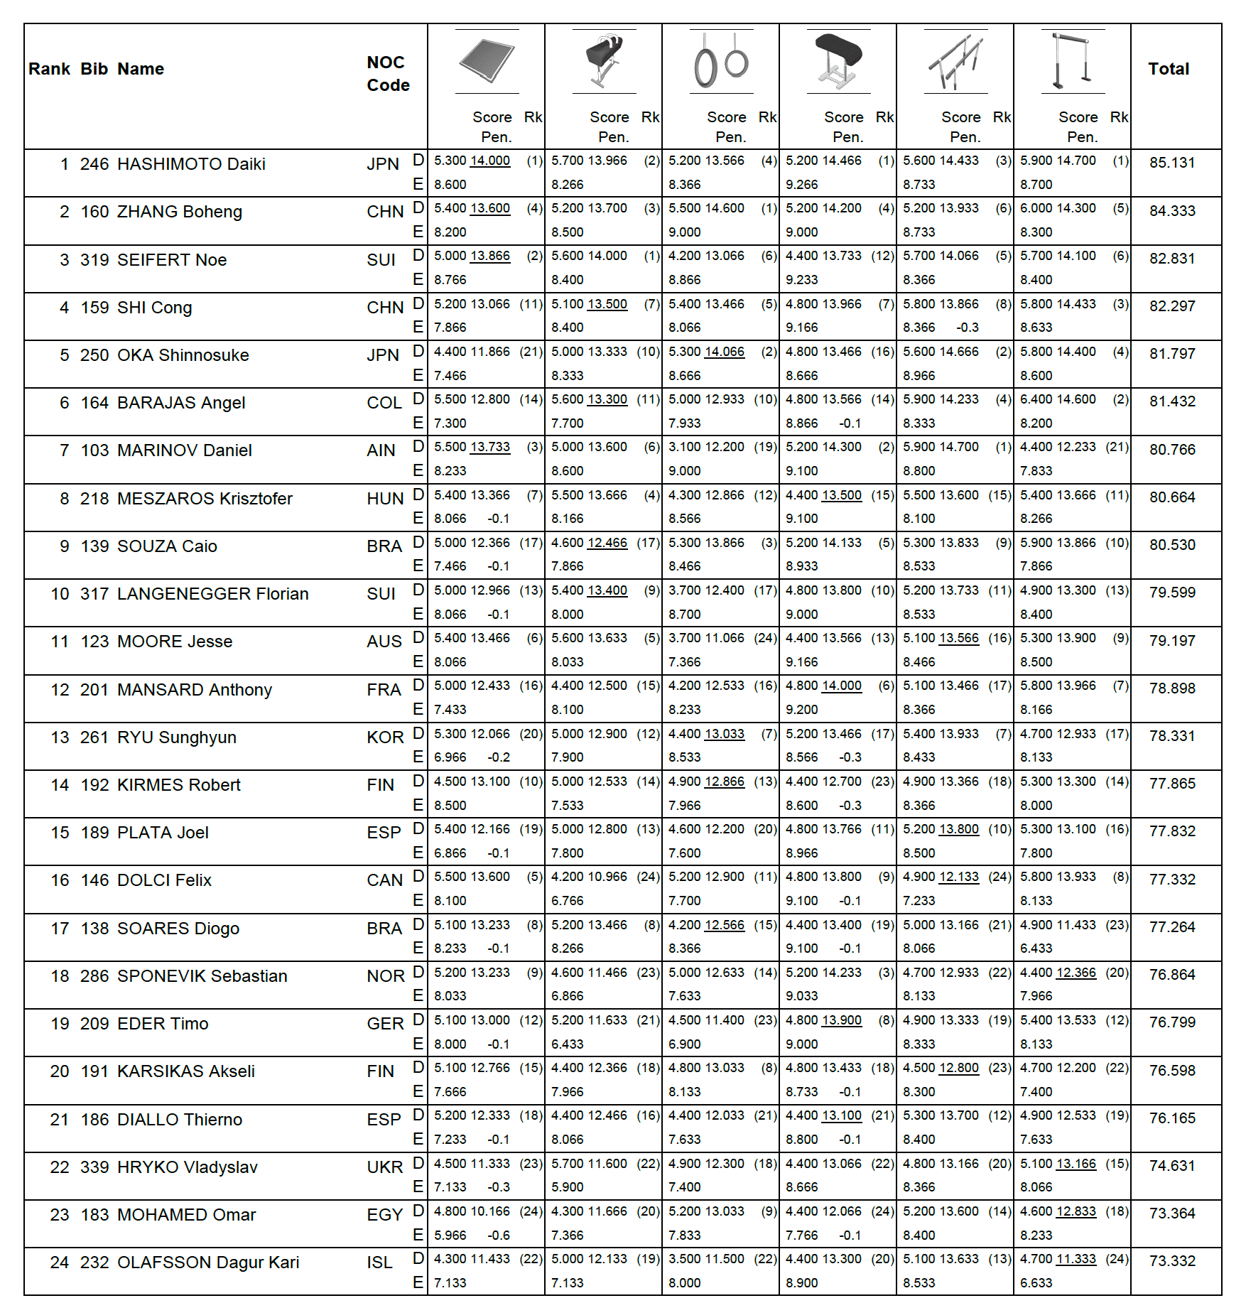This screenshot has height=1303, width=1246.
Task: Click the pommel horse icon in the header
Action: coord(604,60)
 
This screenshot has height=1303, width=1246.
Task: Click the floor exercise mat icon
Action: coord(487,61)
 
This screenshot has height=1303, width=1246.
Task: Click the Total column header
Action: coord(1169,69)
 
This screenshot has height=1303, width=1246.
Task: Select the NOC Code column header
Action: coord(388,74)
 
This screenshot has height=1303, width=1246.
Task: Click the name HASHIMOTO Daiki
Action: coord(191,164)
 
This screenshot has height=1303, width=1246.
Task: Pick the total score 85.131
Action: coord(1172,163)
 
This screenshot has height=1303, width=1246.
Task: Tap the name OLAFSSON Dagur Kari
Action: coord(208,1263)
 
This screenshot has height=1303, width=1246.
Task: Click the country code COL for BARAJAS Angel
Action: coord(384,403)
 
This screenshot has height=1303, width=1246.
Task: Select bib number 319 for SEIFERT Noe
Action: coord(94,260)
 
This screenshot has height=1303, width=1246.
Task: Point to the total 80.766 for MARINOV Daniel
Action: coord(1172,450)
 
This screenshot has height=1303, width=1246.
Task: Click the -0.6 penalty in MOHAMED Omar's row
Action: coord(499,1236)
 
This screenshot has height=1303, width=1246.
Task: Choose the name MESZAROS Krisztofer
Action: coord(205,499)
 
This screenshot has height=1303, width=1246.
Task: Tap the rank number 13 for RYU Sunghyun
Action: coord(60,737)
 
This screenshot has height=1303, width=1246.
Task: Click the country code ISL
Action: coord(379,1263)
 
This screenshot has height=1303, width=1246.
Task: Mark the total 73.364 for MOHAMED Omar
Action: coord(1172,1213)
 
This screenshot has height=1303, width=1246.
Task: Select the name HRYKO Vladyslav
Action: coord(188,1167)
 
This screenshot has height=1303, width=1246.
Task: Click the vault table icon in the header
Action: coord(838,60)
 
